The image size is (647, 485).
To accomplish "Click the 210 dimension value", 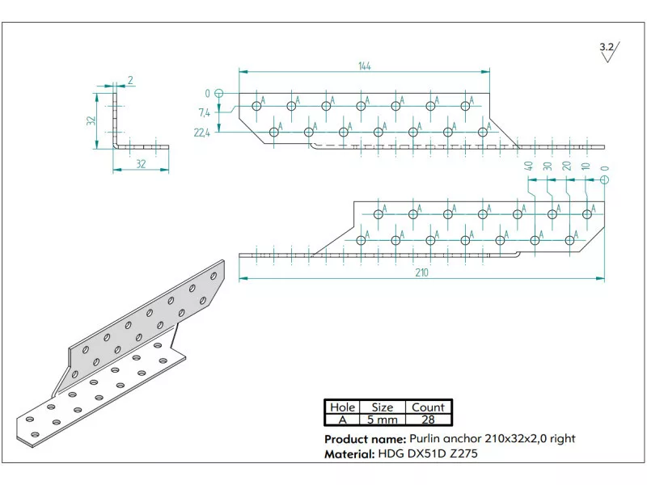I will pyautogui.click(x=421, y=272).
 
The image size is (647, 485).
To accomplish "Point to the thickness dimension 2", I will pyautogui.click(x=130, y=79).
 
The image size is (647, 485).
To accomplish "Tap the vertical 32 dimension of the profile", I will pyautogui.click(x=92, y=120).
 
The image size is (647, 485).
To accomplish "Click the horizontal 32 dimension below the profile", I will pyautogui.click(x=140, y=163).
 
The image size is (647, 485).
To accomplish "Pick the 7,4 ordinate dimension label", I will pyautogui.click(x=204, y=112).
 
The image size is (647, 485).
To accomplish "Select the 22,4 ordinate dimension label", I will pyautogui.click(x=202, y=133).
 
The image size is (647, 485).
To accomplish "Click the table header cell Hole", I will pyautogui.click(x=341, y=407).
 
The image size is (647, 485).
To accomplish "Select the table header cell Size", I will pyautogui.click(x=383, y=407).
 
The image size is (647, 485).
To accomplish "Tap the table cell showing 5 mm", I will pyautogui.click(x=383, y=420).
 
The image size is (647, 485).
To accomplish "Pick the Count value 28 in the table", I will pyautogui.click(x=429, y=420).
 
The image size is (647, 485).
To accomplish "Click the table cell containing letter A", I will pyautogui.click(x=341, y=420).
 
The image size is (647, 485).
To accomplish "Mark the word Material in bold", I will pyautogui.click(x=349, y=454).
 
